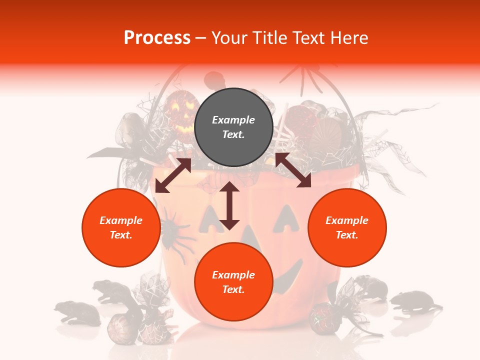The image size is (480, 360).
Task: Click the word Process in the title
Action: tap(157, 38)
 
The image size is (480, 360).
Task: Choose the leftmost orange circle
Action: tap(121, 228)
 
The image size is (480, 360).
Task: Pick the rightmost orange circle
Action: tap(346, 228)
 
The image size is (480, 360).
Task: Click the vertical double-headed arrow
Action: tap(229, 205)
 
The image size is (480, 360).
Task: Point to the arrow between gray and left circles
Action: tap(173, 175)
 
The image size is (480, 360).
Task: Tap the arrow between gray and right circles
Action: tap(293, 170)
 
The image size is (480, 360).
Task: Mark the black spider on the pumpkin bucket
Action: tap(173, 231)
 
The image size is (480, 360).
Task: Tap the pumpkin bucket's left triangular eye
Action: tap(209, 220)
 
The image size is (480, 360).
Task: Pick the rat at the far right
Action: tap(415, 301)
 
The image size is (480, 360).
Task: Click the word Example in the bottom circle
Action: tap(233, 275)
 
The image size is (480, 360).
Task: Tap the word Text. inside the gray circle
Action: tap(233, 134)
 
